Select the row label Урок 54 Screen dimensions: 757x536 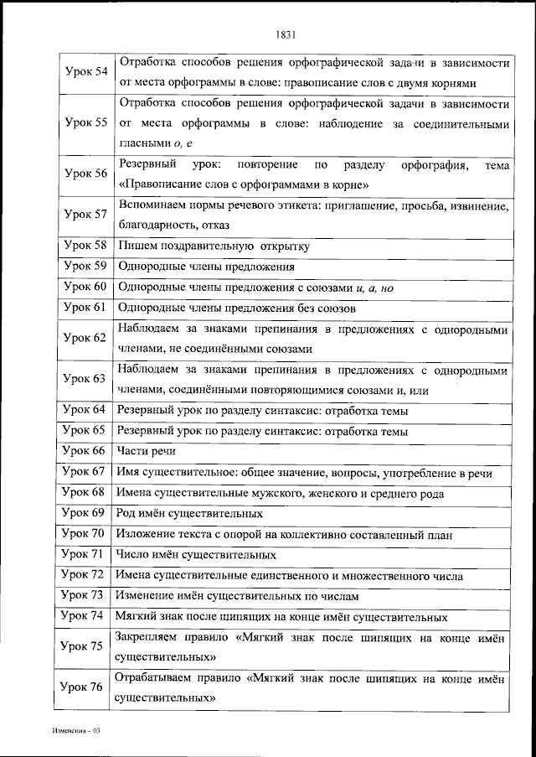pos(86,72)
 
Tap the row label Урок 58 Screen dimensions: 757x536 pos(86,246)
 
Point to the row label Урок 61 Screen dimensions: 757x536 pos(86,307)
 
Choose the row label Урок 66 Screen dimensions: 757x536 pos(86,451)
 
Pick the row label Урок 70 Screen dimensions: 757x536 pos(86,533)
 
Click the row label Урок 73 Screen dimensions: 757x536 pos(86,595)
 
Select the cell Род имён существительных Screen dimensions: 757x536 pos(189,514)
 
